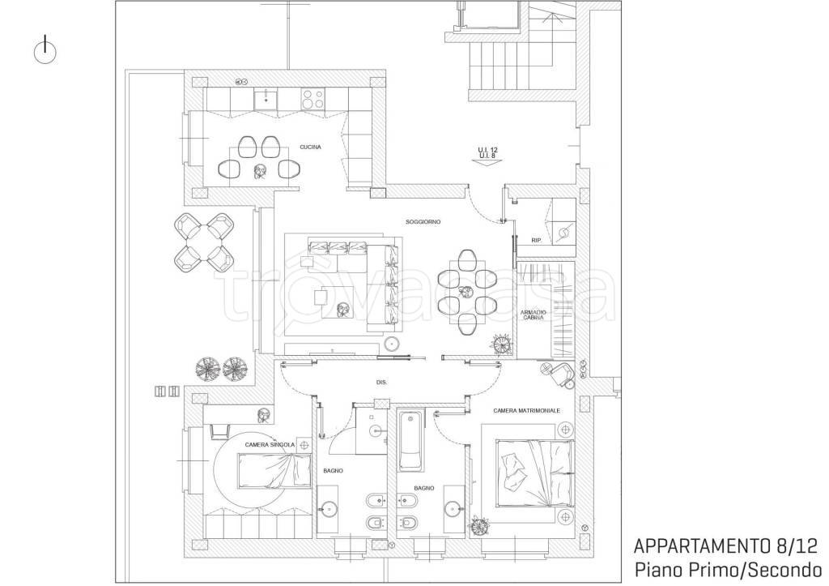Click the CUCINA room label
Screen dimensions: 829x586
(310, 148)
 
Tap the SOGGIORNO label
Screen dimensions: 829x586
(423, 222)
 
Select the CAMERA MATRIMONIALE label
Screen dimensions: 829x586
(526, 411)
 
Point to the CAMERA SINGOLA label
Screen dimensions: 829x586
(270, 445)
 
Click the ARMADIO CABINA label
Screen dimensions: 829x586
(533, 315)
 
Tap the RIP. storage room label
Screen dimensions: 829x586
(538, 241)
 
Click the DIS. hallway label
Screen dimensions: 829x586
(381, 382)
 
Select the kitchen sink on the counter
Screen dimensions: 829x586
(266, 99)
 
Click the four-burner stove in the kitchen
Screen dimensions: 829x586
(312, 98)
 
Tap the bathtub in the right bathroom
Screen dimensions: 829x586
(410, 441)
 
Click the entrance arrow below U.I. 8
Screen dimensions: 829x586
(487, 163)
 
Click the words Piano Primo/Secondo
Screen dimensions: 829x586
(728, 570)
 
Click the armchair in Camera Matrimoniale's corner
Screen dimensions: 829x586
(558, 373)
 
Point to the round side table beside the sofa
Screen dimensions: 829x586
(392, 343)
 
